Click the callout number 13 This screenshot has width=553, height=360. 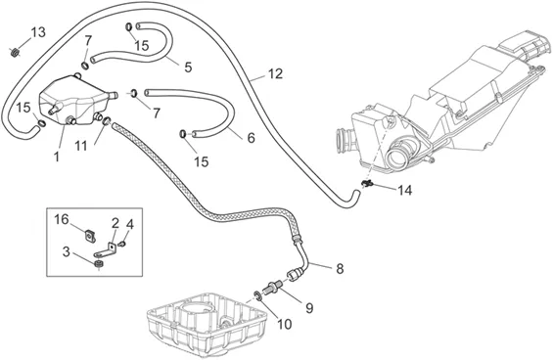point(38,32)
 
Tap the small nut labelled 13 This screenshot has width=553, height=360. point(15,52)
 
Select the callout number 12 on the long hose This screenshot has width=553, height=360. point(275,73)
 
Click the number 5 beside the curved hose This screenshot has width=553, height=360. point(188,67)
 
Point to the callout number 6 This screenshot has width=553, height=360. point(251,138)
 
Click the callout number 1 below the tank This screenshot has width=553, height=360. point(57,157)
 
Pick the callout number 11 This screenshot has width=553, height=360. point(81,146)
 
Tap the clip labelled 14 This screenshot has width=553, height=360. point(367,183)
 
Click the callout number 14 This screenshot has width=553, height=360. point(404,191)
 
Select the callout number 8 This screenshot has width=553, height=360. point(340,269)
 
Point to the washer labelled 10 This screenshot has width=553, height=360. point(257,295)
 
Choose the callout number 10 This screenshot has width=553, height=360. point(285,324)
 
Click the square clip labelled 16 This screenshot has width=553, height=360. point(90,236)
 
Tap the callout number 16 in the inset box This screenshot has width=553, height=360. point(62,219)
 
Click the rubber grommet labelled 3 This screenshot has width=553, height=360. point(99,264)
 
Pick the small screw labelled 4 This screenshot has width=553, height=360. point(122,244)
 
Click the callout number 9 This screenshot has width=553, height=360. point(309,308)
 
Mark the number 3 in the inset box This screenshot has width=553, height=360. point(67,252)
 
